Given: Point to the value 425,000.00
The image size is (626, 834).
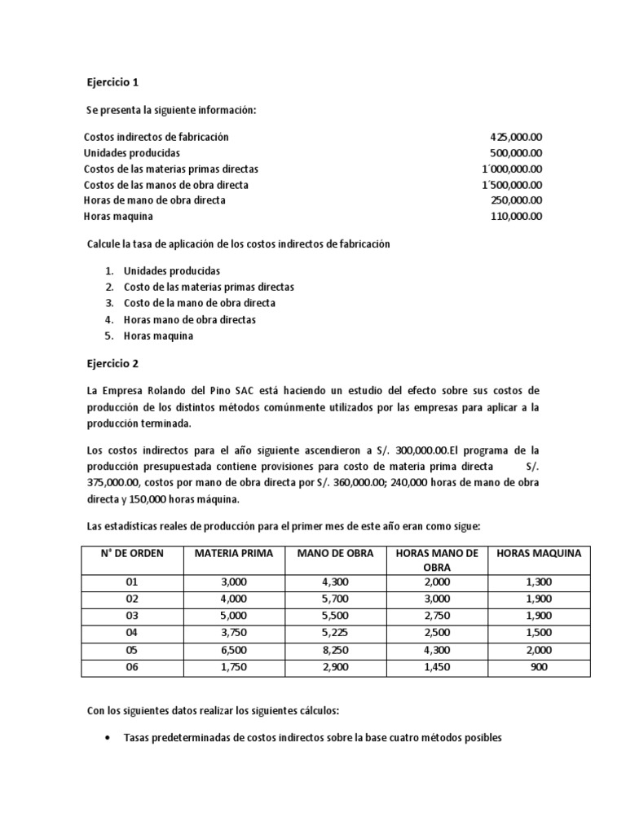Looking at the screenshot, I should click(x=516, y=137).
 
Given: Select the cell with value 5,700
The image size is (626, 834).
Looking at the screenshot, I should click(x=335, y=599).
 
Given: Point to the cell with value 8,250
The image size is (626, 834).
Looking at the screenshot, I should click(x=335, y=649).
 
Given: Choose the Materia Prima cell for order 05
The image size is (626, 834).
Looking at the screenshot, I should click(x=231, y=649).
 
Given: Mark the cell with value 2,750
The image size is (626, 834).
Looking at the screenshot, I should click(x=436, y=616).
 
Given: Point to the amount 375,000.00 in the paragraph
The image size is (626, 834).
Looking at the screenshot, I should click(x=115, y=483).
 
